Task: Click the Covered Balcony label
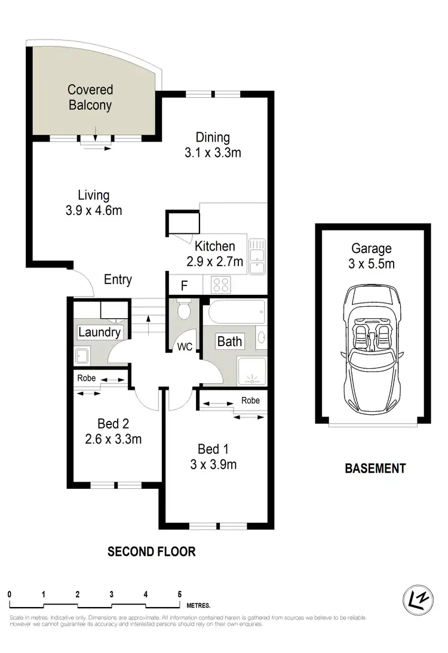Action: click(x=90, y=98)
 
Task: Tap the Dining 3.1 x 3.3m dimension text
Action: click(x=212, y=153)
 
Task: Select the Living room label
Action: click(x=94, y=195)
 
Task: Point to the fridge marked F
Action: click(x=184, y=286)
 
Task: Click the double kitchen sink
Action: click(x=257, y=257)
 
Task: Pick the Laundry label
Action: click(x=100, y=332)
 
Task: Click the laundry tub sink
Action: click(x=82, y=356)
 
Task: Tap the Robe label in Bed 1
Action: click(x=250, y=401)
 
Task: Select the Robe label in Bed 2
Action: click(x=87, y=378)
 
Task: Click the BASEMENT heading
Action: click(x=375, y=469)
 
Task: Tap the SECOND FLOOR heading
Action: click(x=151, y=551)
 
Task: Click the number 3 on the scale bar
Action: click(x=112, y=595)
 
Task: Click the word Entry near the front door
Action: click(x=118, y=279)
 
